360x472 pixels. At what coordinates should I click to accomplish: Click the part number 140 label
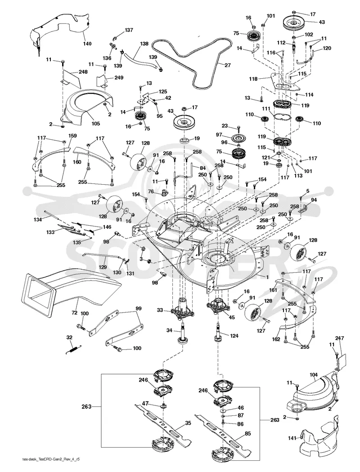click(87, 44)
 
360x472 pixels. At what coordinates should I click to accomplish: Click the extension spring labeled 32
click(72, 350)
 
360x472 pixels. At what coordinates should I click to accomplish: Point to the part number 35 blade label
click(188, 423)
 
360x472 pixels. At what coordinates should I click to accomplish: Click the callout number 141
click(292, 438)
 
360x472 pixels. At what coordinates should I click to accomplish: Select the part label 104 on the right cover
click(314, 375)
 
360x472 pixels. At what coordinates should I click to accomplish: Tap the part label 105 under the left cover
click(96, 124)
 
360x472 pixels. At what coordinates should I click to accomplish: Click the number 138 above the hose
click(144, 44)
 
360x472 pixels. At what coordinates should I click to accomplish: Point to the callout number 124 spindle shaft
click(234, 336)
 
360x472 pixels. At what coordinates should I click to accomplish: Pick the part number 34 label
click(169, 330)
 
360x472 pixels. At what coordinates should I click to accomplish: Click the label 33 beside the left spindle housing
click(160, 310)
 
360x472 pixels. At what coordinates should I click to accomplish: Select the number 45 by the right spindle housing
click(232, 317)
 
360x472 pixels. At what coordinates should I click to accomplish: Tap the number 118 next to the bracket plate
click(253, 79)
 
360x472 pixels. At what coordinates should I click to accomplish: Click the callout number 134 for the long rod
click(38, 220)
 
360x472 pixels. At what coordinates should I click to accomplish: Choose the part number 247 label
click(339, 338)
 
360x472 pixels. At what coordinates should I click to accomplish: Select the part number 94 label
click(314, 200)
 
